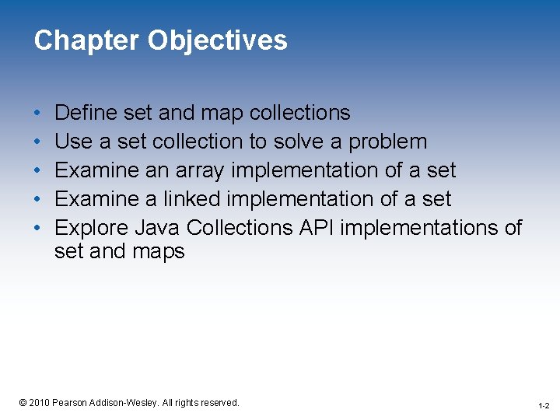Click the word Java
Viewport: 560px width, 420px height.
point(158,228)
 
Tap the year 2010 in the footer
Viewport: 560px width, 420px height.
point(39,402)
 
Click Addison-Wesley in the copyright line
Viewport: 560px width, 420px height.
point(131,402)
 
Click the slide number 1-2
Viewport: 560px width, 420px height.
point(543,405)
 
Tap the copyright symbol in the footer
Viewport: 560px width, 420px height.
point(23,402)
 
